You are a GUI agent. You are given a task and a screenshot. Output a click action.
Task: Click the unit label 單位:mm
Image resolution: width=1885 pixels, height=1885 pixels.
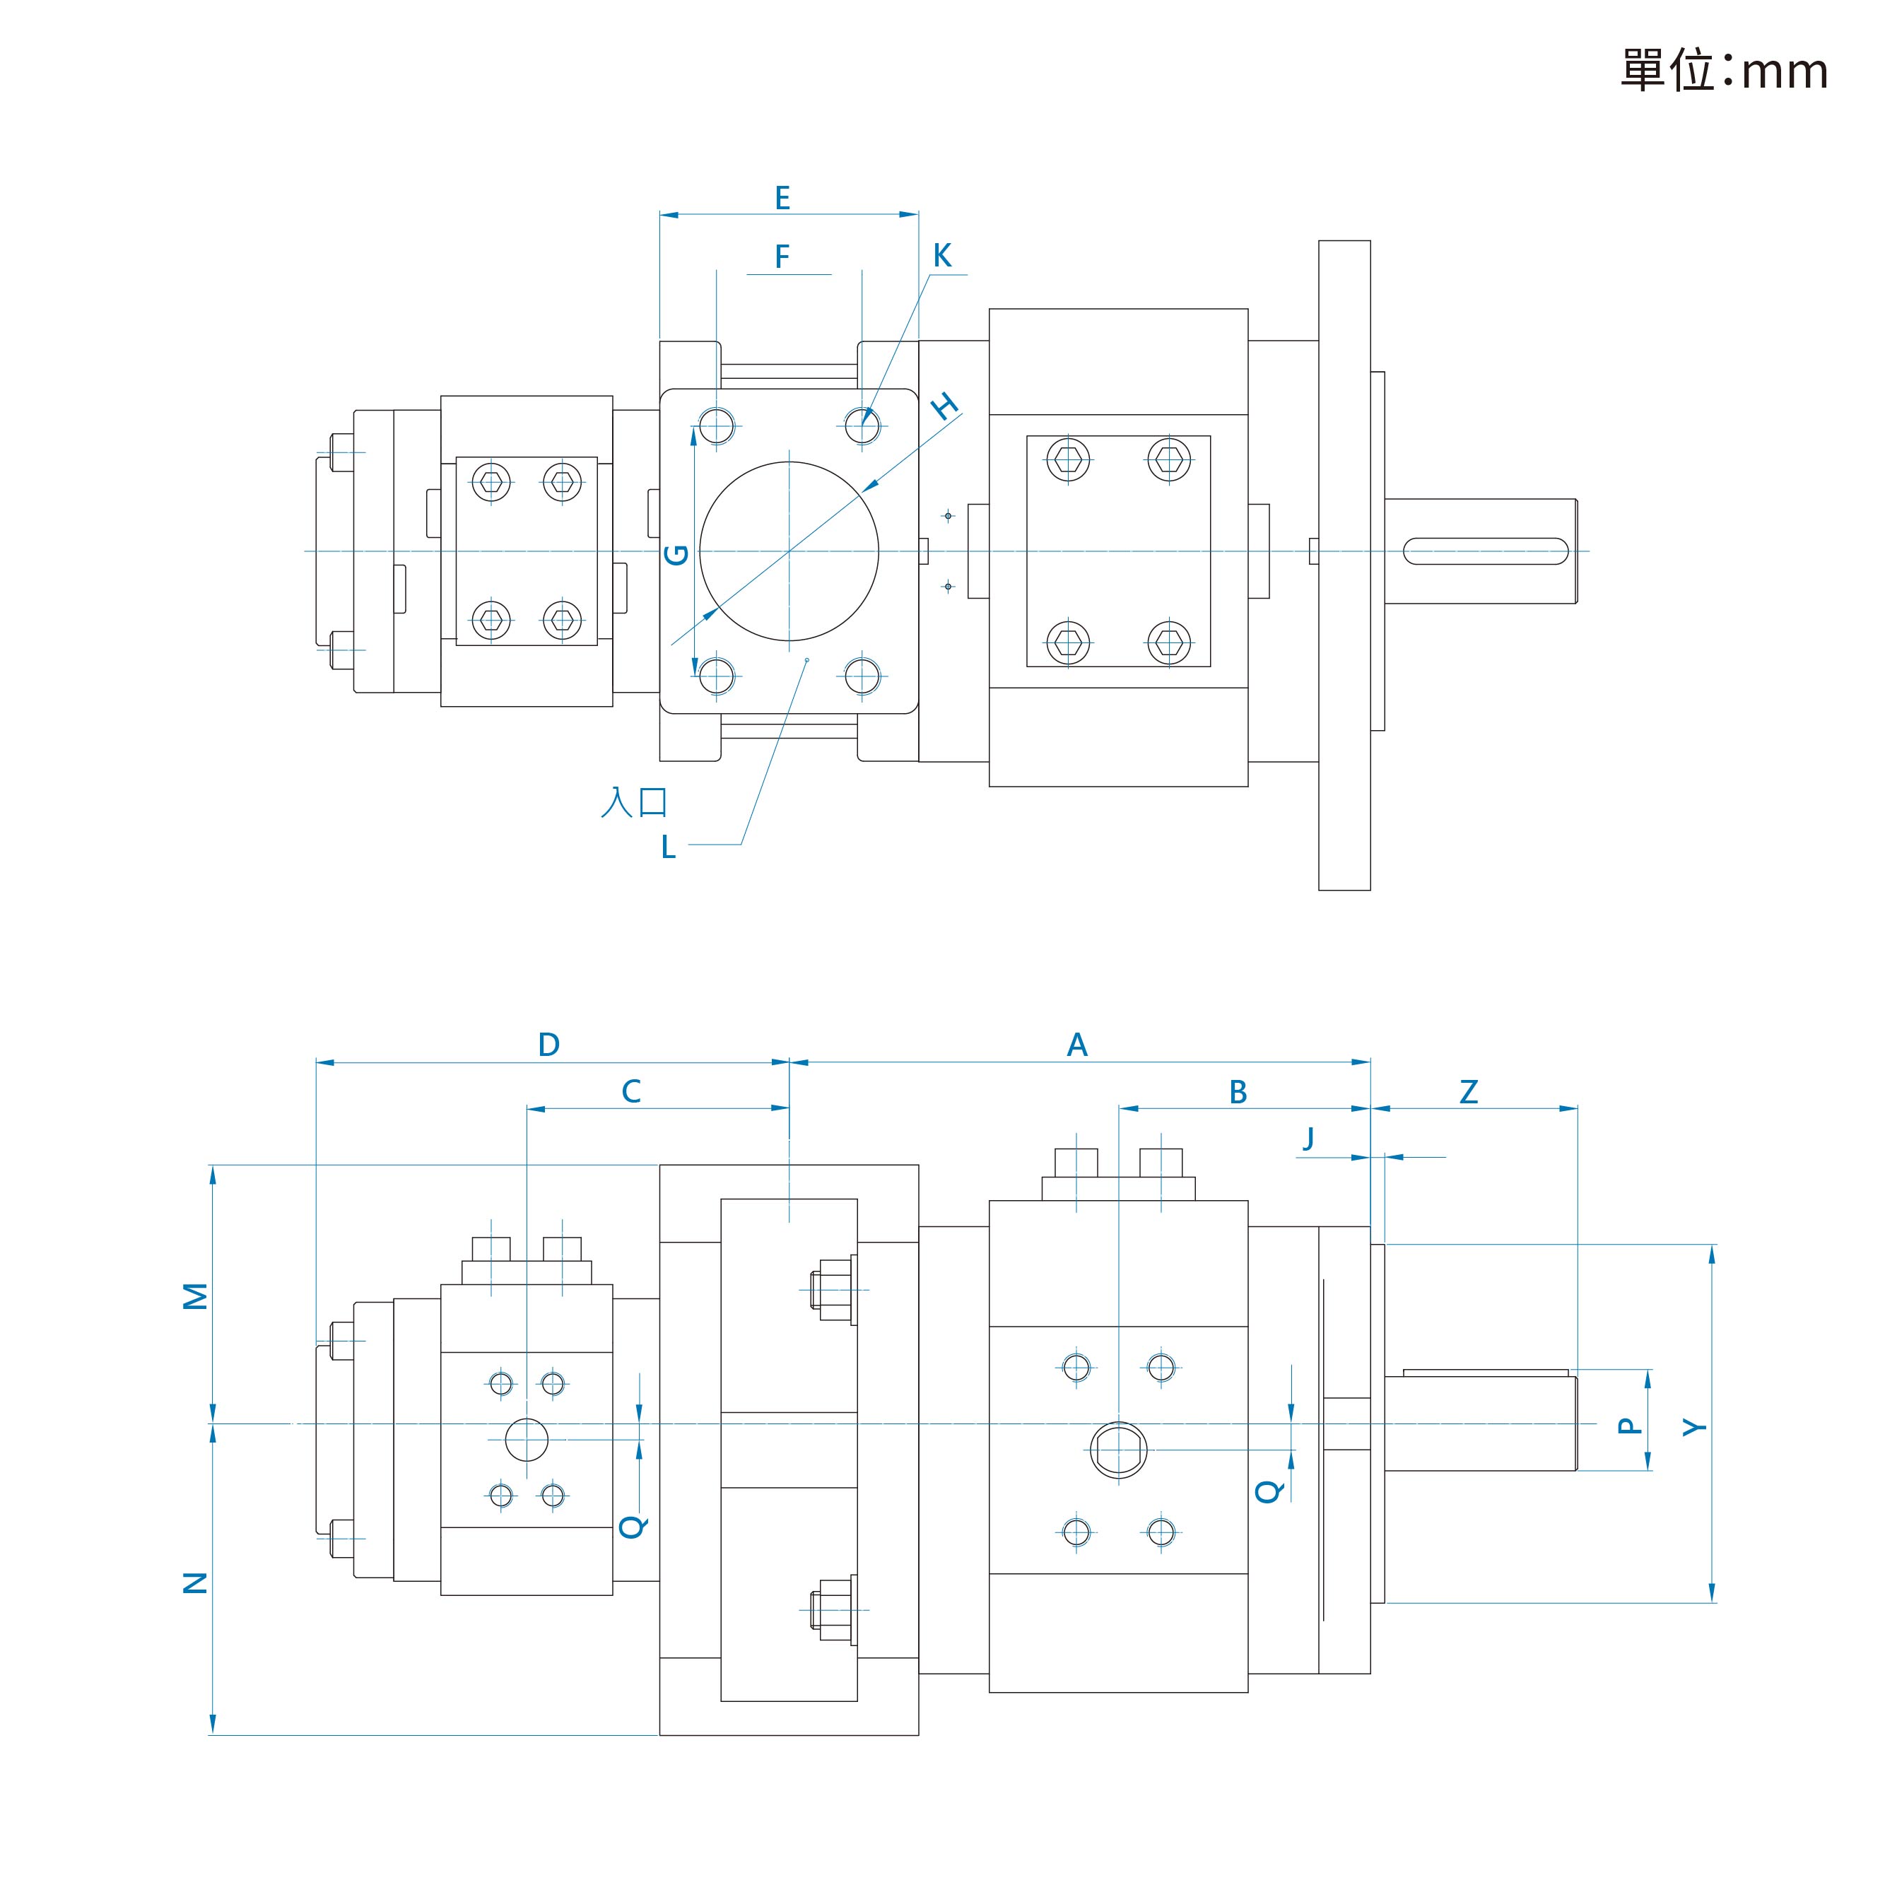(1724, 70)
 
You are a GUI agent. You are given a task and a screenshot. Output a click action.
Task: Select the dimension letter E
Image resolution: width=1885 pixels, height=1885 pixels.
(782, 198)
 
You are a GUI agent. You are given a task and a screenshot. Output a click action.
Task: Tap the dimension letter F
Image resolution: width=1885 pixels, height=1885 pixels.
(782, 257)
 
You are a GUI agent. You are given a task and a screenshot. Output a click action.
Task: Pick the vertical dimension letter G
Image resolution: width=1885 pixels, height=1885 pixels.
(676, 555)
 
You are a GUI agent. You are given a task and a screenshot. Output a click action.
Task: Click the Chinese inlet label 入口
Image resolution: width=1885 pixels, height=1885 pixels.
(634, 802)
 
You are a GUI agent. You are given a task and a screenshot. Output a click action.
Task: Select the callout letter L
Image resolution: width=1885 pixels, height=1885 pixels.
(669, 847)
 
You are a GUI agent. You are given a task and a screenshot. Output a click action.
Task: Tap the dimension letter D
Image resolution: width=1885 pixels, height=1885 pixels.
(549, 1045)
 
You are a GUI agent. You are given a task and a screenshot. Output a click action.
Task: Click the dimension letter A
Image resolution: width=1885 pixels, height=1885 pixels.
(1077, 1045)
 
